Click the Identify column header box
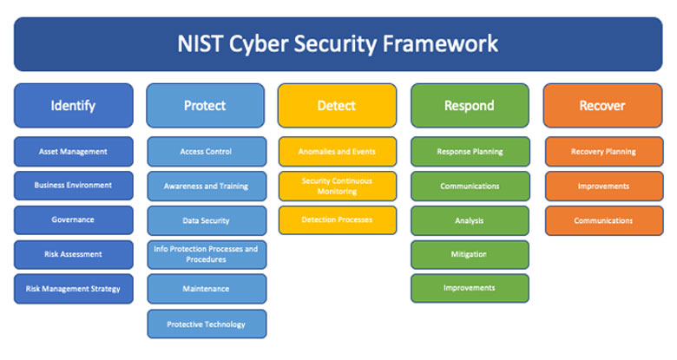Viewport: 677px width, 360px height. (74, 106)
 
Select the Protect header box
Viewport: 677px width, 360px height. (205, 106)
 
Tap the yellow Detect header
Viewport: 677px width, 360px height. (337, 106)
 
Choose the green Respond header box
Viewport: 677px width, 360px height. (470, 106)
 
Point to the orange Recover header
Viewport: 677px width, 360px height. (602, 106)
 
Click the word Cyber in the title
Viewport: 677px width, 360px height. (259, 45)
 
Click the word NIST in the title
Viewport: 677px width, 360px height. (200, 43)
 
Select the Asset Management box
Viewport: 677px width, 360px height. (74, 152)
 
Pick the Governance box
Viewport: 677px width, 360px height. (74, 220)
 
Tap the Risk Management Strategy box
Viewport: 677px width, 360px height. (74, 289)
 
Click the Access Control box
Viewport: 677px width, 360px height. (207, 152)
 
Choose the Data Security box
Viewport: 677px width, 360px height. (207, 220)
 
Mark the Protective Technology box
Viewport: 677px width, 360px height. (207, 324)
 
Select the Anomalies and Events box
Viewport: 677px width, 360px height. (338, 152)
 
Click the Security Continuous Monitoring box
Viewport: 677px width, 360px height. (338, 186)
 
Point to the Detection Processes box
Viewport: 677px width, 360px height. (338, 220)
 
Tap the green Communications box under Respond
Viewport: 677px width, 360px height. (470, 186)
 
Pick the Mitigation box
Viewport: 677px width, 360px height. (470, 255)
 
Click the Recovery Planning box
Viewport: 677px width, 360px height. (604, 152)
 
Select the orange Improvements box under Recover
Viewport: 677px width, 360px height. (604, 186)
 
